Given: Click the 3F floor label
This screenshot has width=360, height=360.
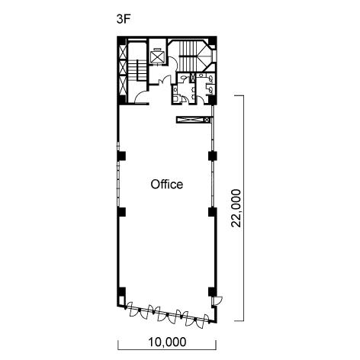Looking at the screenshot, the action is pyautogui.click(x=124, y=19).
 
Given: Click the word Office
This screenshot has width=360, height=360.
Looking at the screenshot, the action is pyautogui.click(x=167, y=185).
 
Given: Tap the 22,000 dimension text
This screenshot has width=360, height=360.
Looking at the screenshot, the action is pyautogui.click(x=236, y=208).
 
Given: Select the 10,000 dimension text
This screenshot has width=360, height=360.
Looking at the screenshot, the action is pyautogui.click(x=167, y=342).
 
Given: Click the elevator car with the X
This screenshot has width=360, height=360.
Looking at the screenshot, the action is pyautogui.click(x=157, y=56).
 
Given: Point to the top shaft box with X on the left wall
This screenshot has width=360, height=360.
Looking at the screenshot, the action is pyautogui.click(x=123, y=53).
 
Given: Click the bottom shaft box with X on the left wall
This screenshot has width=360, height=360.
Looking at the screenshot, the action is pyautogui.click(x=123, y=85).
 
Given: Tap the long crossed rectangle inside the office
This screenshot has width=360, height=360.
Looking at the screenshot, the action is pyautogui.click(x=194, y=120).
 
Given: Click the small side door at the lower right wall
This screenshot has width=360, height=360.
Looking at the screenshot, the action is pyautogui.click(x=217, y=301).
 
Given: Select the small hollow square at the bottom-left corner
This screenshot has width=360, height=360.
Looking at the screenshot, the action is pyautogui.click(x=122, y=301).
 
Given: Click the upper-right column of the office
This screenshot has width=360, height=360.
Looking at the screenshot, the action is pyautogui.click(x=213, y=156).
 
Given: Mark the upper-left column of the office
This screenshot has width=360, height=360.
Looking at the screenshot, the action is pyautogui.click(x=121, y=156).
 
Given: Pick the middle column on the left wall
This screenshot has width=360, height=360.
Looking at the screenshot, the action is pyautogui.click(x=121, y=212).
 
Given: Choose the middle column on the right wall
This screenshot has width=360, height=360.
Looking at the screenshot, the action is pyautogui.click(x=213, y=212).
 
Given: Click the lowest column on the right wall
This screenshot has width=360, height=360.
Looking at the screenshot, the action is pyautogui.click(x=213, y=291).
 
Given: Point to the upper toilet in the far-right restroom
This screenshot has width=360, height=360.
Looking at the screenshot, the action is pyautogui.click(x=211, y=79).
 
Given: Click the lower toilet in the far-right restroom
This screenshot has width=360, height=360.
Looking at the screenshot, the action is pyautogui.click(x=211, y=89).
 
